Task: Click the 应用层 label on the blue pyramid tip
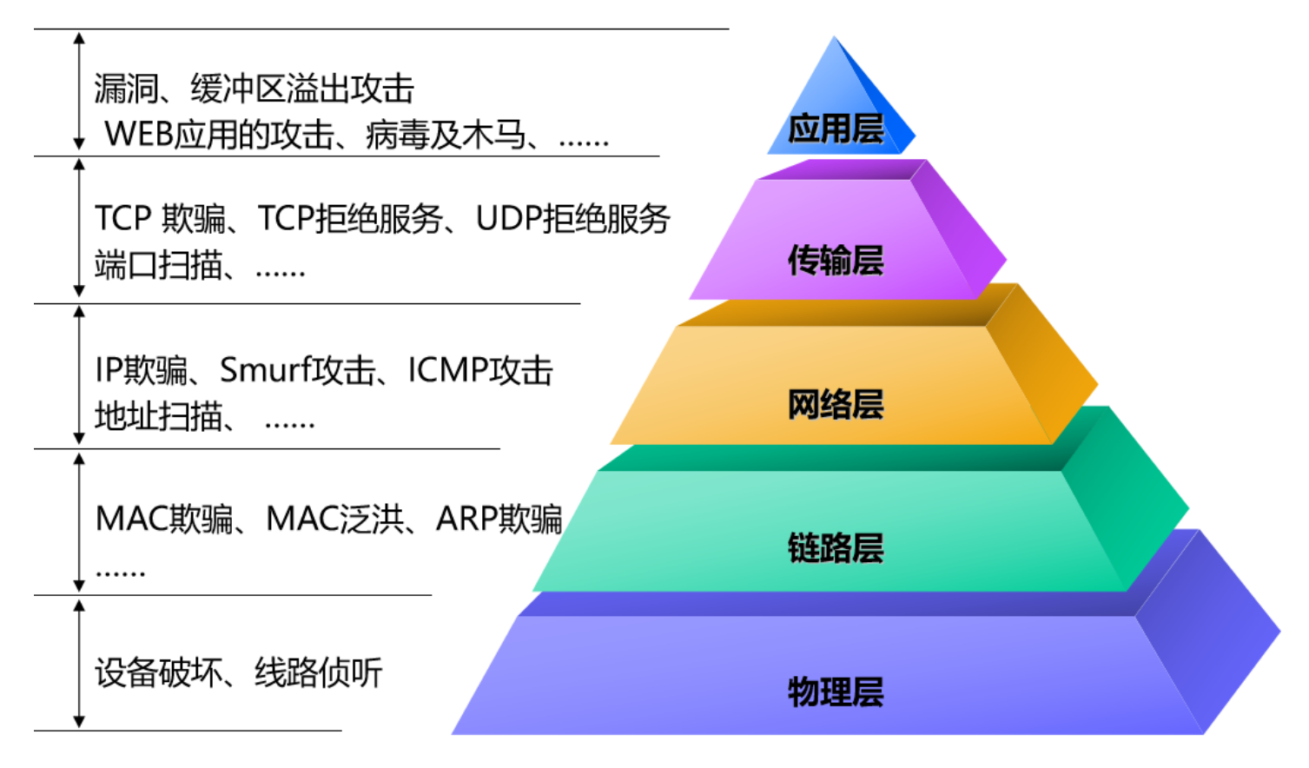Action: point(835,129)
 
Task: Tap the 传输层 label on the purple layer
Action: point(835,260)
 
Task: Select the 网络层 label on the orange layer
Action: point(835,404)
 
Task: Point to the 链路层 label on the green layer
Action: point(835,547)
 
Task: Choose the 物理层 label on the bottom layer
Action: point(835,692)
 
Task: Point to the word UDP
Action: point(508,219)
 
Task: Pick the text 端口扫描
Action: point(158,265)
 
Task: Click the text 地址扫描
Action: point(158,417)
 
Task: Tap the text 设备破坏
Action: point(158,672)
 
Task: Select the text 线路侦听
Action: point(318,672)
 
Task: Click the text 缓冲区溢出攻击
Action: point(302,89)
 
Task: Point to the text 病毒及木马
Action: point(446,135)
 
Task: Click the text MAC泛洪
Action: point(334,519)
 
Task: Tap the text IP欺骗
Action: point(142,370)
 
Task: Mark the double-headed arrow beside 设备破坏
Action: point(79,664)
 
